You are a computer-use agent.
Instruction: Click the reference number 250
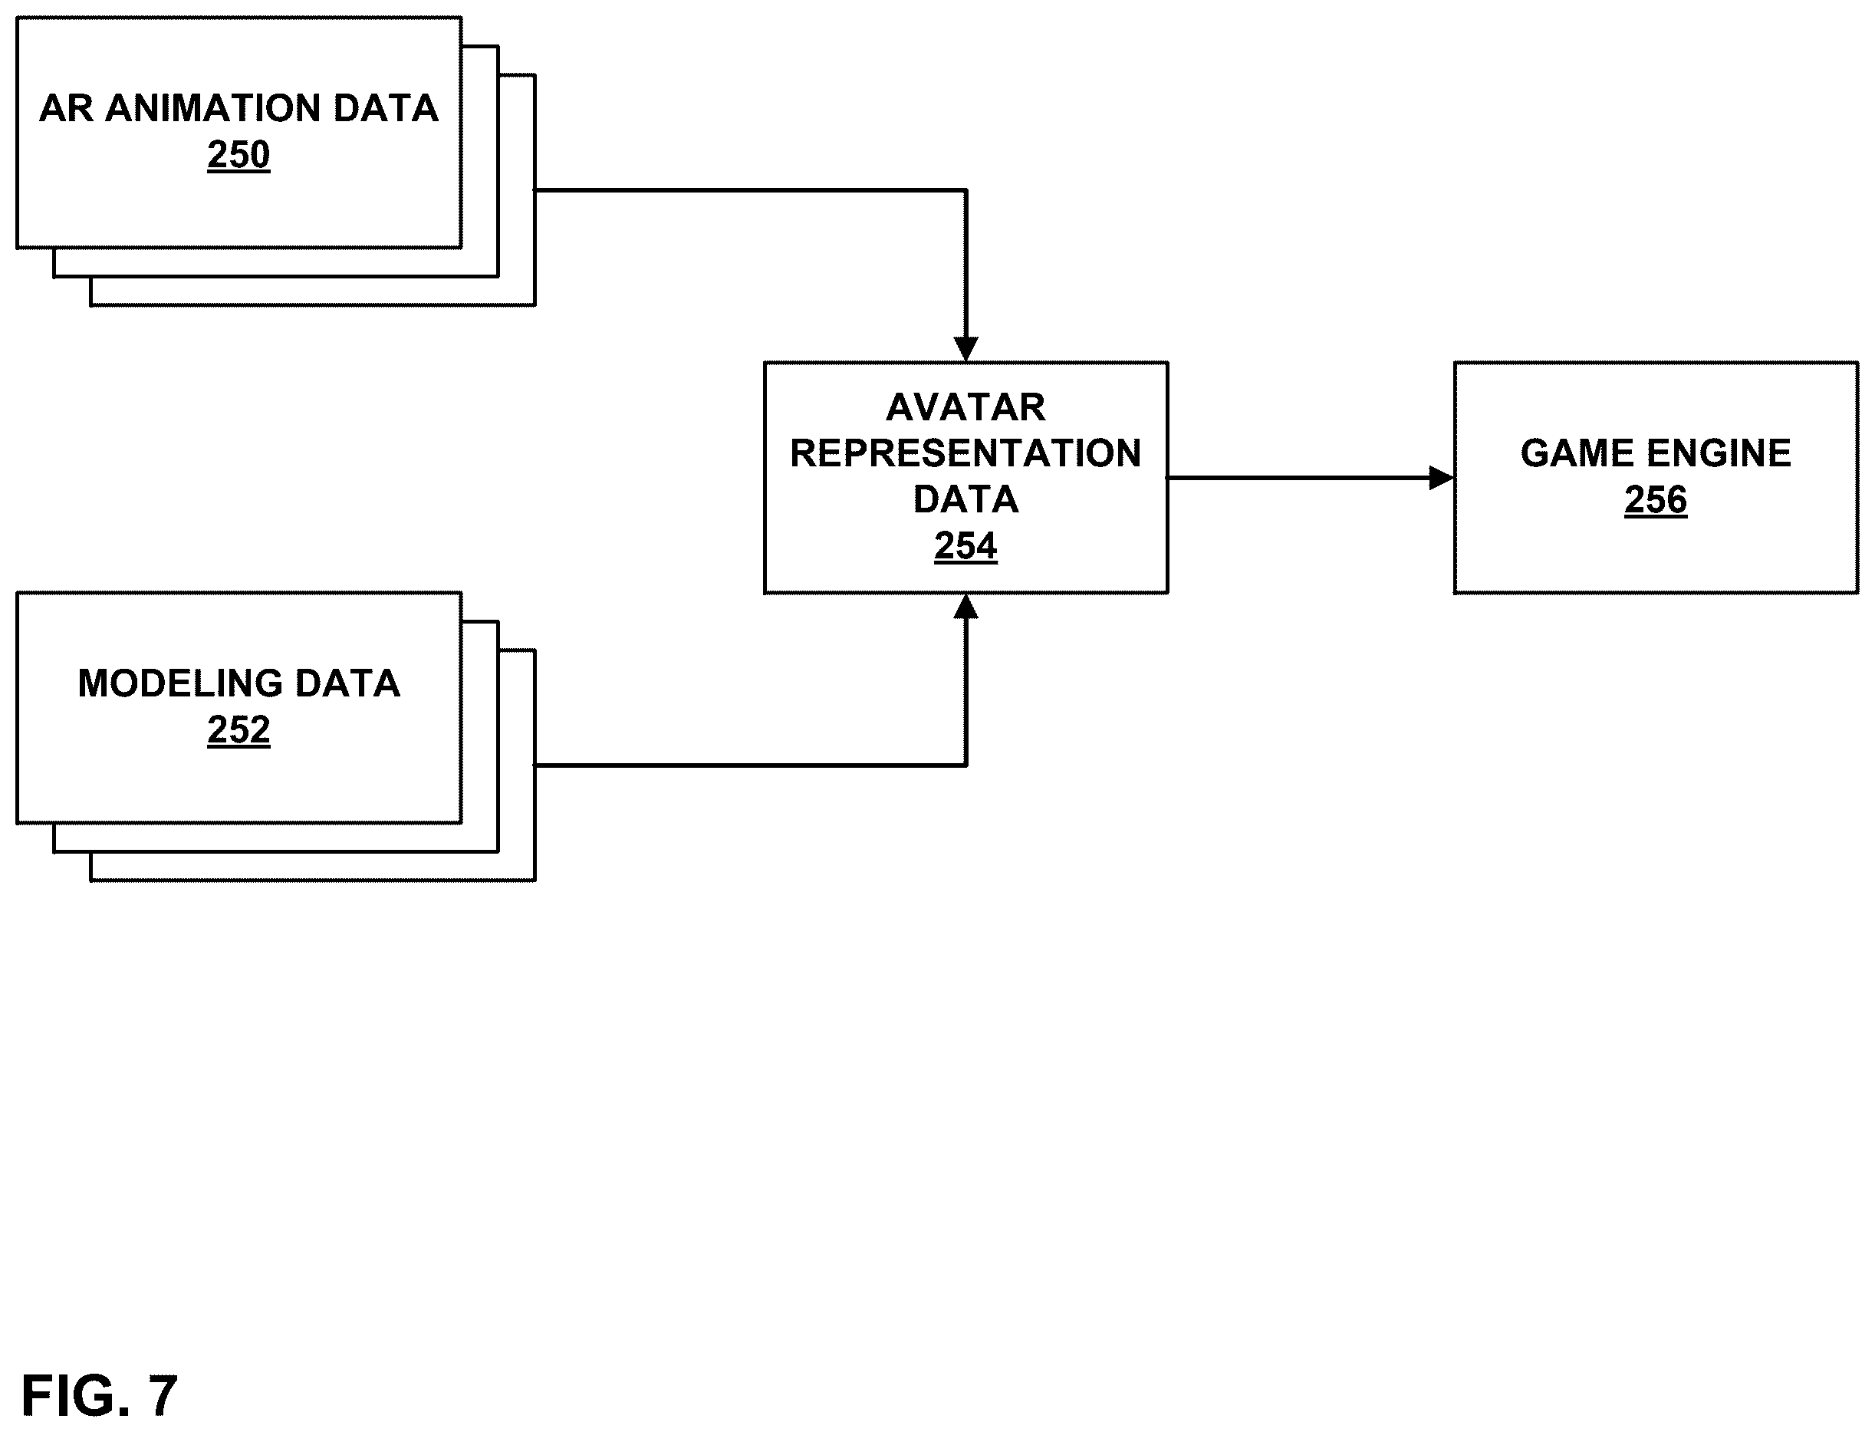tap(238, 155)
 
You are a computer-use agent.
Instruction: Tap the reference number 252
tap(238, 729)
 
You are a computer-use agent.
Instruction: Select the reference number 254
tap(965, 545)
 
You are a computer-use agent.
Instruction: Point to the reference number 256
tap(1655, 499)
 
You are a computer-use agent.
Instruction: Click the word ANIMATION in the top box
tap(212, 108)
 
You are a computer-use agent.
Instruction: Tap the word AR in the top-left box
tap(67, 108)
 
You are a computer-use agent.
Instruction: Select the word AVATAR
tap(965, 407)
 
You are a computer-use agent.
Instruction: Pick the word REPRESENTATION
tap(965, 453)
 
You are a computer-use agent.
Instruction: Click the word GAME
tap(1577, 453)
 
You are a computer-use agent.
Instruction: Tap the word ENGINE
tap(1719, 453)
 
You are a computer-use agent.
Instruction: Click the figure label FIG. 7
tap(100, 1395)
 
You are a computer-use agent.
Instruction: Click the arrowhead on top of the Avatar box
tap(965, 350)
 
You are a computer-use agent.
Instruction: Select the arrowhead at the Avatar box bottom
tap(965, 606)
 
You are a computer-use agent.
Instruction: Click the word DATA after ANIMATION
tap(385, 108)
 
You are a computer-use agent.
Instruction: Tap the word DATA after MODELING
tap(347, 683)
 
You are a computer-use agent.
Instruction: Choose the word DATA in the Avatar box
tap(965, 499)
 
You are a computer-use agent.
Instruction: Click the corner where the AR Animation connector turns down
tap(965, 190)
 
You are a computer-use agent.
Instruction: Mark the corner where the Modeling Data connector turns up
tap(965, 765)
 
